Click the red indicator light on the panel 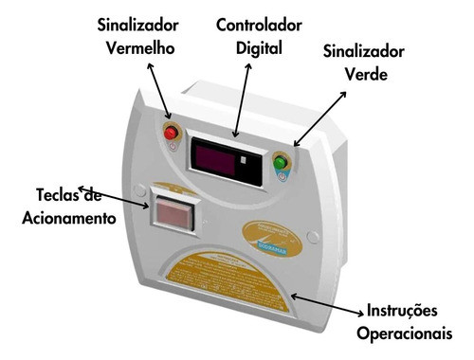point(172,134)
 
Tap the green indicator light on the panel point(280,163)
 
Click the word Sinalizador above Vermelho point(139,24)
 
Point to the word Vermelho point(139,47)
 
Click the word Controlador point(257,24)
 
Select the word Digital point(257,46)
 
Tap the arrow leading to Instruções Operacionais point(327,303)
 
